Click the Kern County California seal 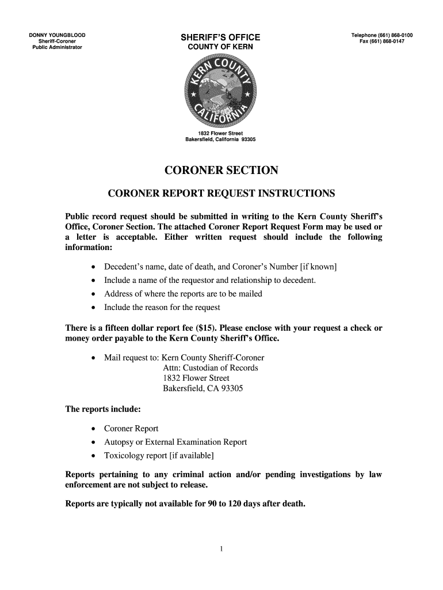coord(221,92)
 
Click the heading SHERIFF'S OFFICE coord(221,38)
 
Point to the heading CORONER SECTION coord(221,170)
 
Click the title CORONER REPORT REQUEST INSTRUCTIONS coord(221,192)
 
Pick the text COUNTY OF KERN coord(221,48)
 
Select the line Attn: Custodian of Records coord(211,368)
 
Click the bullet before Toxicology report coord(93,456)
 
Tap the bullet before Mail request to coord(93,358)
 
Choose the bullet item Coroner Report coord(131,429)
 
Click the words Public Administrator coord(57,48)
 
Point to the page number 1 coord(221,548)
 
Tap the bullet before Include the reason coord(93,308)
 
